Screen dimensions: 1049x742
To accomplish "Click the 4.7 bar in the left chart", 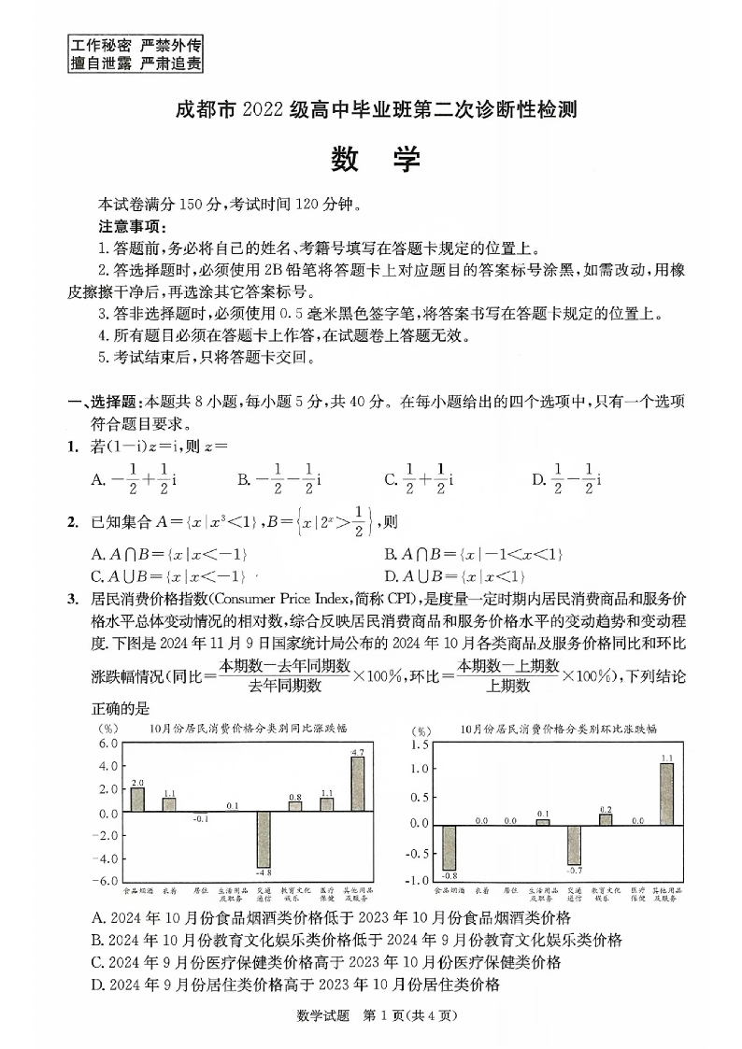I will click(357, 785).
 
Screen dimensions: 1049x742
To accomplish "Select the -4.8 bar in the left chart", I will click(264, 840).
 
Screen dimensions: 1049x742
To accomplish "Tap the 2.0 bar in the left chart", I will click(137, 801).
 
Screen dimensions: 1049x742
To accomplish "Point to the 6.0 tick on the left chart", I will click(108, 744).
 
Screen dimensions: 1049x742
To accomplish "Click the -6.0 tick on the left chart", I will click(107, 881).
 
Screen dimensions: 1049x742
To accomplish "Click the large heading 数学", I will click(376, 160).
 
